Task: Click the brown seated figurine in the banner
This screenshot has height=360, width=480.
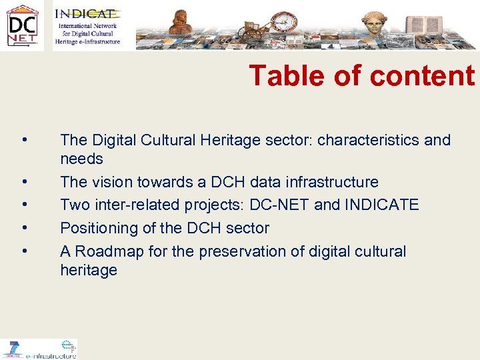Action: click(x=180, y=24)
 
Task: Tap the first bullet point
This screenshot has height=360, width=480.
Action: click(x=24, y=140)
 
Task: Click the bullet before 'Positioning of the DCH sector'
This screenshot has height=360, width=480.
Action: click(x=24, y=228)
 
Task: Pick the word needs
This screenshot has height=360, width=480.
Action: click(x=81, y=159)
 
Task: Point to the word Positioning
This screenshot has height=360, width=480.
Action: click(x=97, y=228)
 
